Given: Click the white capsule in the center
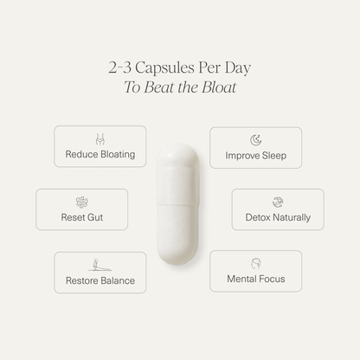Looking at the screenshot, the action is coord(177,204).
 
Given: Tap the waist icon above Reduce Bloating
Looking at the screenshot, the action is coord(100,139).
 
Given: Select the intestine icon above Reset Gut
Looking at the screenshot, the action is coord(82,202).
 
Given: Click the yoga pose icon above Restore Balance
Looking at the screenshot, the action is coord(100,265).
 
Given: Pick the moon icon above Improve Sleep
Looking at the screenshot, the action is coord(256,140).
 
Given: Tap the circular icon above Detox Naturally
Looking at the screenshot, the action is coord(278,202).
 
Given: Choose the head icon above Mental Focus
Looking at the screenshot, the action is coord(256,264).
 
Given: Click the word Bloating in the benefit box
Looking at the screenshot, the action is coord(118,155).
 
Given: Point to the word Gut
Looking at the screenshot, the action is coord(95,217).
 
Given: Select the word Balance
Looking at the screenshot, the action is coord(118,280).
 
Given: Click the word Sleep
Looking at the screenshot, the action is coord(274,156).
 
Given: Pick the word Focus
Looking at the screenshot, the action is coord(272,279).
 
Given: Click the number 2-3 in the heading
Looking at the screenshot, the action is coord(120,67).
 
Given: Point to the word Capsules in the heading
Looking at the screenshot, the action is coord(164,68).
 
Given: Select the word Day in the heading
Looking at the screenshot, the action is coord(238,68).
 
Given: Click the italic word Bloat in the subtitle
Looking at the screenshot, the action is coord(219,87).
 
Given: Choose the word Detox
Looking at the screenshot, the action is coord(258,217).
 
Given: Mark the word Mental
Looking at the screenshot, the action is coord(241,279).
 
